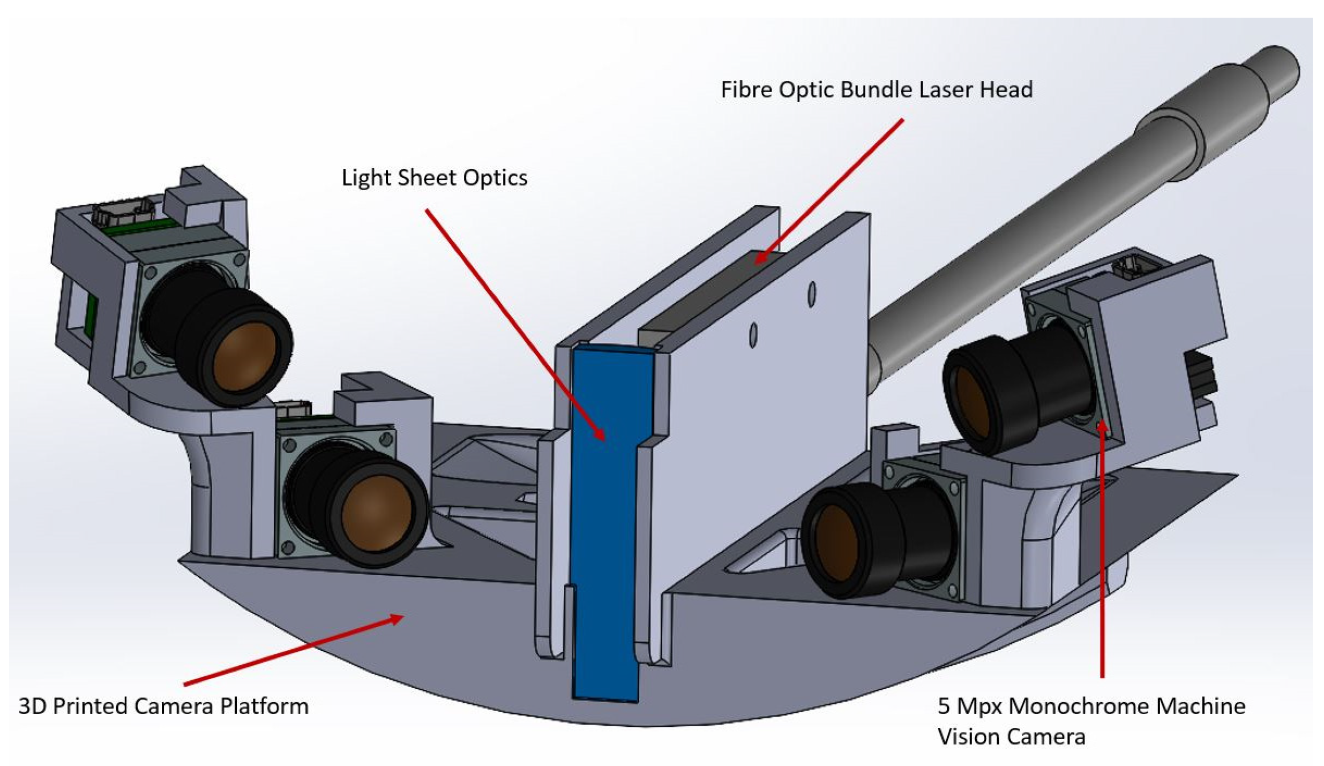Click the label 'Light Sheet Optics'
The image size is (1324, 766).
pos(434,178)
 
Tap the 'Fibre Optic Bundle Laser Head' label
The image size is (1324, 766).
pos(876,89)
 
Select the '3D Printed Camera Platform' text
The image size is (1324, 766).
pos(163,706)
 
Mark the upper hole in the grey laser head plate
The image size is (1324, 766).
pos(812,295)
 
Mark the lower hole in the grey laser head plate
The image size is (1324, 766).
pos(753,335)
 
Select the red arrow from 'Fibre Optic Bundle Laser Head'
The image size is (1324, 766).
pos(831,190)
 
